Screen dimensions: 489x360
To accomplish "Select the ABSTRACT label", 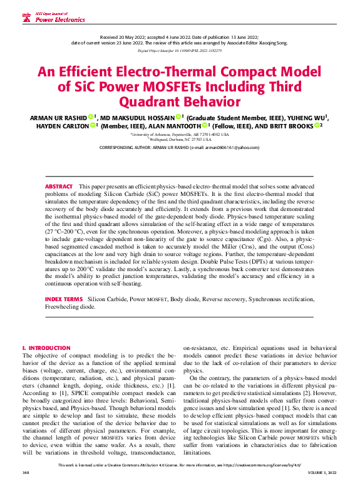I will [x=59, y=170].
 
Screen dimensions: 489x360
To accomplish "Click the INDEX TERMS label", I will [x=63, y=300].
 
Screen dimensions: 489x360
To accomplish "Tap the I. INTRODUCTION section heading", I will [x=46, y=347].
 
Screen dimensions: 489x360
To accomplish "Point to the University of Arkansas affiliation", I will [x=180, y=134].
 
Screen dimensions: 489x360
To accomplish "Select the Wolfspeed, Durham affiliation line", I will [x=180, y=140].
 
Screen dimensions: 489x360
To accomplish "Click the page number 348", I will [x=26, y=482].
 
